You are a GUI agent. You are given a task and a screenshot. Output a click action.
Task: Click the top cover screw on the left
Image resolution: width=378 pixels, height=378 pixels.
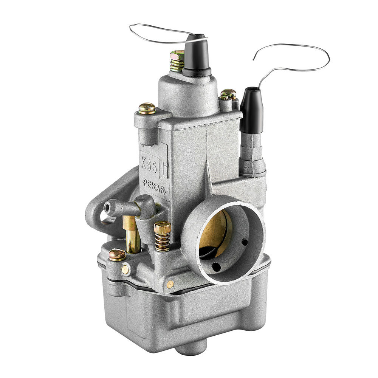pos(147,108)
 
